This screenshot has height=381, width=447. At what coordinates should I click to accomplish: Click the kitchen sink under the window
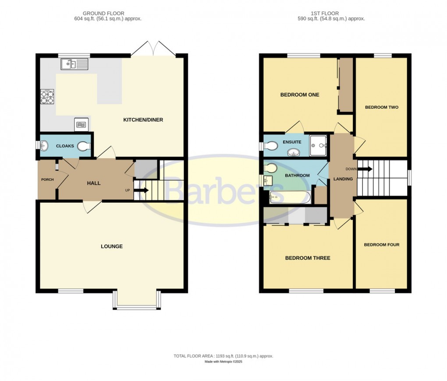click(x=74, y=64)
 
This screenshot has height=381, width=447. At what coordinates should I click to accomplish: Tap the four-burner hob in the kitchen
click(x=47, y=96)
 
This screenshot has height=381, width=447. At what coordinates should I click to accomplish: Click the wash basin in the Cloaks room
click(x=44, y=145)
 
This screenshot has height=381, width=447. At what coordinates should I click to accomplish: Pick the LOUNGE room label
click(x=112, y=246)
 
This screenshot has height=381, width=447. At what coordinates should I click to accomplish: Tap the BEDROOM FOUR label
click(x=382, y=245)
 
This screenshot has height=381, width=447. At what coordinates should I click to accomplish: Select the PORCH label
click(x=47, y=180)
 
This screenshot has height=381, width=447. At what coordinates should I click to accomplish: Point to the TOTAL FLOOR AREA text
click(x=223, y=356)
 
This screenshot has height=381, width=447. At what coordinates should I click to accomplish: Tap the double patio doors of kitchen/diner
click(x=153, y=49)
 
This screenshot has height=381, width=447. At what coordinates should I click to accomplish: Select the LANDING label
click(x=343, y=178)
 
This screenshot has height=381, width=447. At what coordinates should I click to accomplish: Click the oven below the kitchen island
click(x=82, y=125)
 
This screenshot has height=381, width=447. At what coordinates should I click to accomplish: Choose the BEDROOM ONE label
click(x=300, y=95)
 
